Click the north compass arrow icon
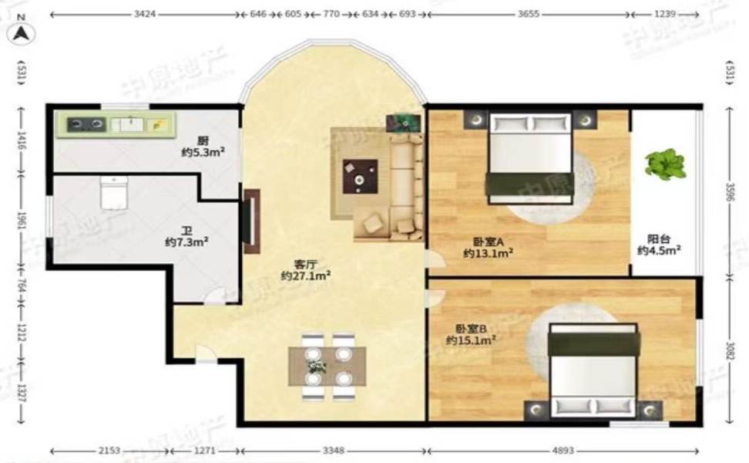coord(22,33)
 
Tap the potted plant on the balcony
coord(665,164)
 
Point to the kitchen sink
coord(127,124)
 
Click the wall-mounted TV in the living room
coord(250,221)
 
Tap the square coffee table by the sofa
coord(361,176)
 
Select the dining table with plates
coord(327,367)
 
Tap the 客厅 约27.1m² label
coord(305,269)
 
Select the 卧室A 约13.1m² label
coord(488,246)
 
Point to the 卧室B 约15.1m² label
coord(470,334)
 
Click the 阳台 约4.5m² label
coord(658,245)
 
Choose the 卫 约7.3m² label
coord(186,236)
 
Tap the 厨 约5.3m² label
coord(203,147)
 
